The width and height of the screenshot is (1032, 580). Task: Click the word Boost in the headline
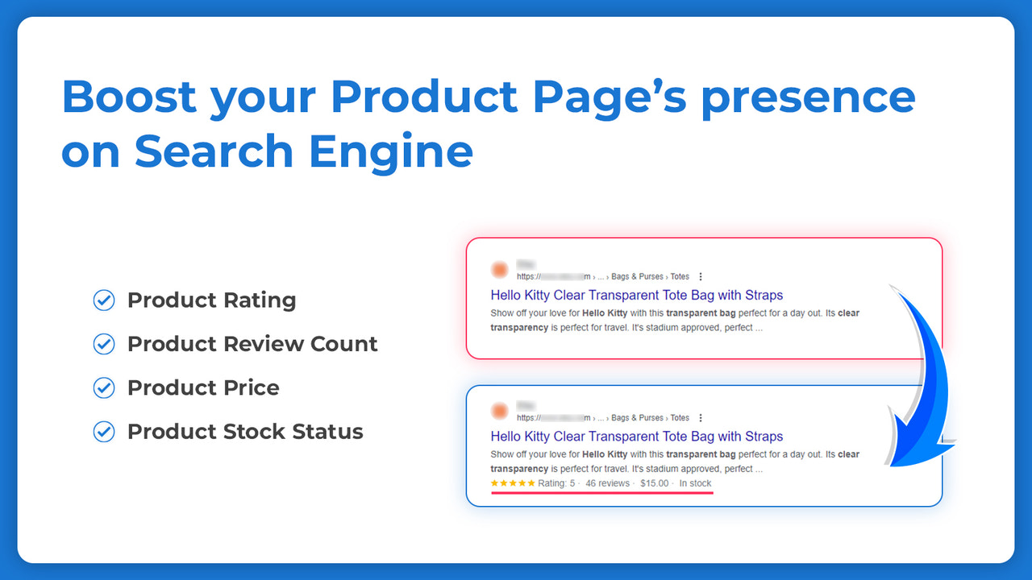point(129,97)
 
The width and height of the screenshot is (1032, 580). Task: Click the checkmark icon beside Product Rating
point(104,300)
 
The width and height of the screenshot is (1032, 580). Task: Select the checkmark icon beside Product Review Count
point(104,344)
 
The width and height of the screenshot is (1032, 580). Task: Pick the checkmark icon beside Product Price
point(104,387)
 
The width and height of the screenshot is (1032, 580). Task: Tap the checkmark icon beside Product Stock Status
point(104,431)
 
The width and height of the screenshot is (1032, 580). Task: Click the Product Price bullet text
point(203,387)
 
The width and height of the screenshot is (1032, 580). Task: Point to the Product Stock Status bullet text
point(245,431)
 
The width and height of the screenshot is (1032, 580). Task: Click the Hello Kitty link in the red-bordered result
point(636,295)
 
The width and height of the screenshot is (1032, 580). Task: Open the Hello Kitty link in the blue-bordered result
point(636,437)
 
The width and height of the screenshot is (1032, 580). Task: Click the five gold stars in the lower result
point(513,483)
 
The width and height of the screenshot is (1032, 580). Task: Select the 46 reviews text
point(607,483)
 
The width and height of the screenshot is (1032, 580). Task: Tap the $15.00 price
point(654,483)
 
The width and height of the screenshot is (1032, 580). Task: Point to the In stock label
point(695,483)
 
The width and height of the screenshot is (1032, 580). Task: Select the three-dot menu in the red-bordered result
point(701,276)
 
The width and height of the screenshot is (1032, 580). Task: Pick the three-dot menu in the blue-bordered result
point(701,418)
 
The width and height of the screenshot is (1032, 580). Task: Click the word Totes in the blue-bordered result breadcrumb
point(680,418)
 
